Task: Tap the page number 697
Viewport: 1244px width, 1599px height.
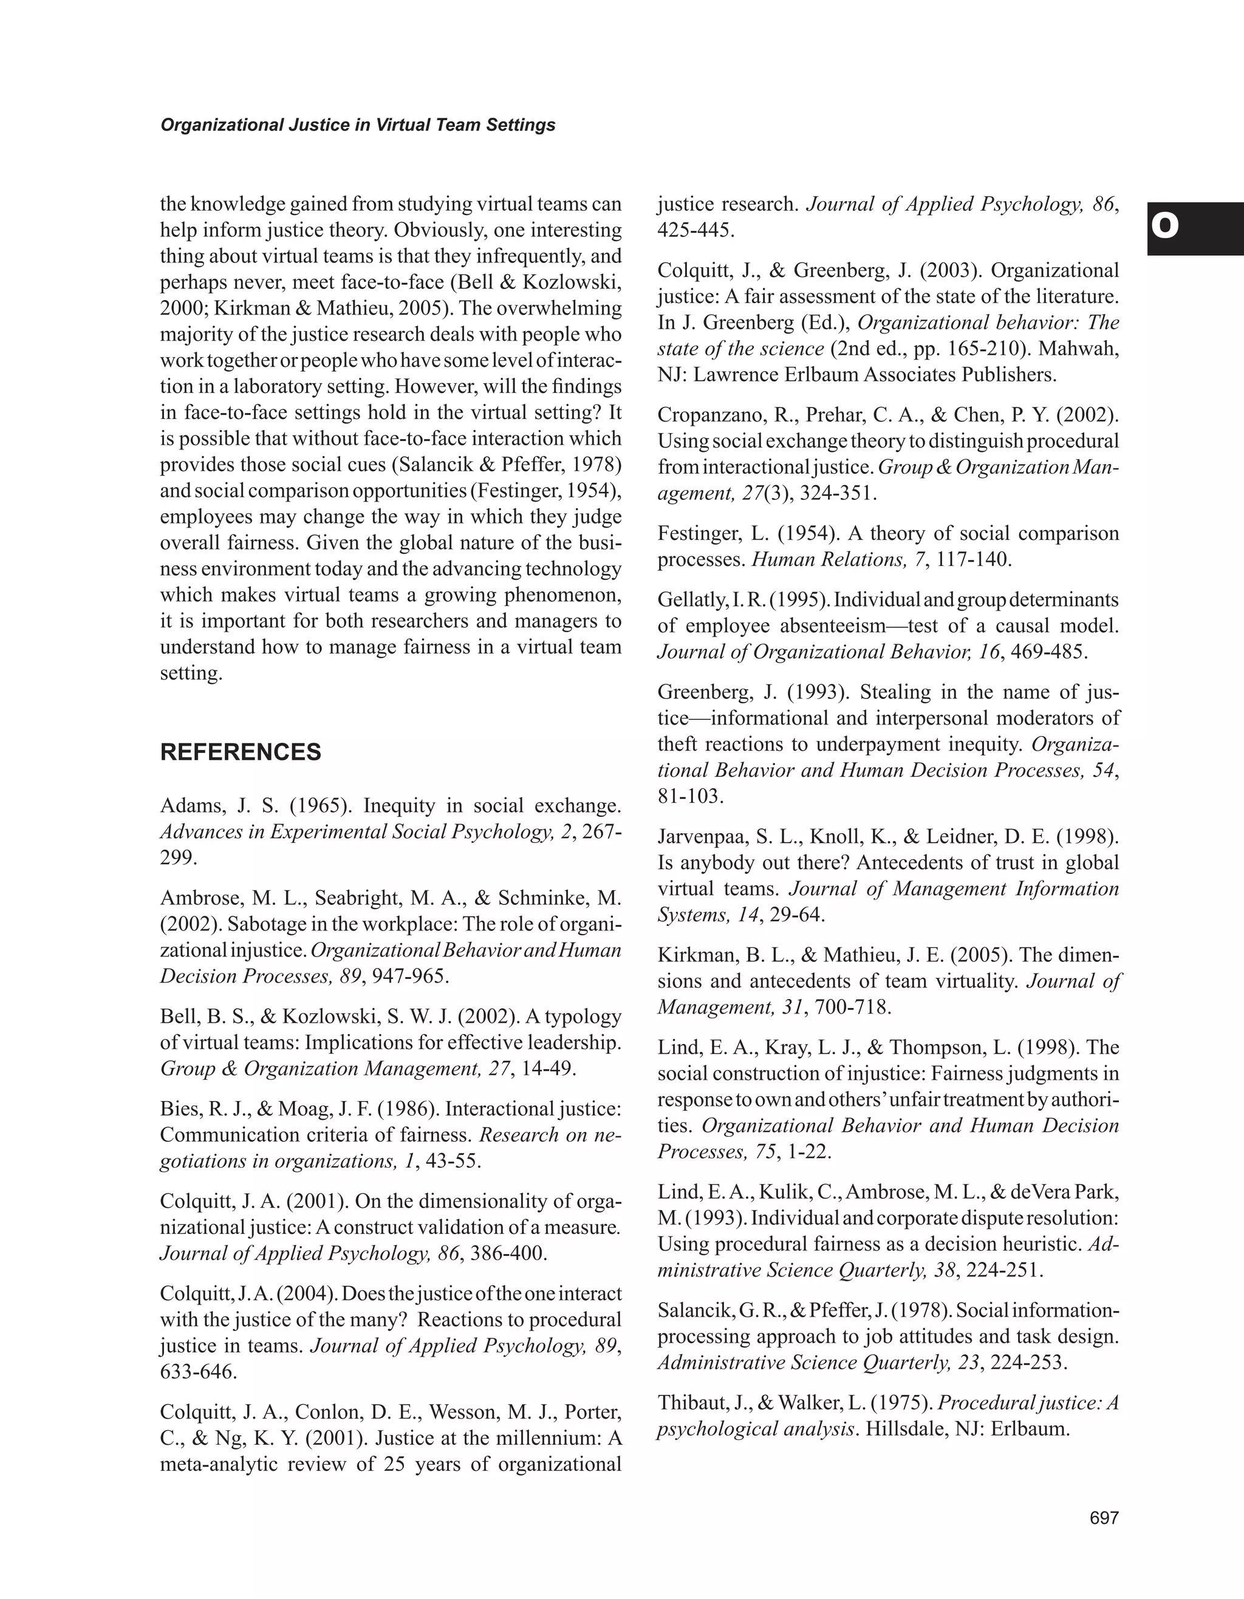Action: click(1104, 1518)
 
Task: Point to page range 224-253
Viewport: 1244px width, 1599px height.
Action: click(1028, 1363)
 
